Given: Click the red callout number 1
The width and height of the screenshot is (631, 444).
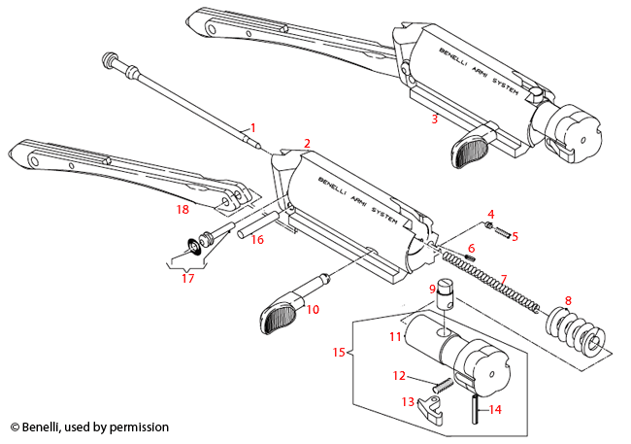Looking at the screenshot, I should [253, 127].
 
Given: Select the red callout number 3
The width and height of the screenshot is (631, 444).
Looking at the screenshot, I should [435, 120].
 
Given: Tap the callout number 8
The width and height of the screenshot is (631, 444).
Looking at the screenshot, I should [569, 300].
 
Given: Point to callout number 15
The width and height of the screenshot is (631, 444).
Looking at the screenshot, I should [339, 352].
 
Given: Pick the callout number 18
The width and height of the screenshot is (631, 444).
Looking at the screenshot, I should [182, 209].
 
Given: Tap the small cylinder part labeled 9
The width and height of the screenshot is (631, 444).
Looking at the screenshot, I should [447, 290].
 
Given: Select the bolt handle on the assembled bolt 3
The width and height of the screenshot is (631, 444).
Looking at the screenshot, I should [473, 152].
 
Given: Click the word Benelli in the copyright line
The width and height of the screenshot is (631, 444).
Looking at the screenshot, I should [45, 427].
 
